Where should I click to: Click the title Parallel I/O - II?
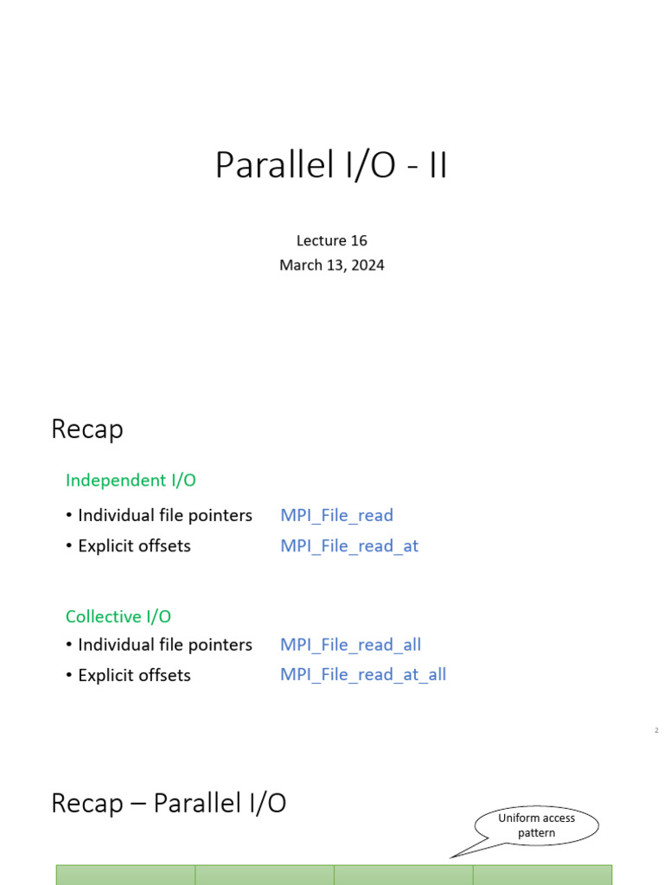point(331,166)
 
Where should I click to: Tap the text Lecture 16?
point(332,240)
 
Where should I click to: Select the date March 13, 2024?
point(332,265)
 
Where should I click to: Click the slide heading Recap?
point(87,430)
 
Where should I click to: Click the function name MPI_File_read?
point(336,515)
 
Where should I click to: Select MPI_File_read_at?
point(349,546)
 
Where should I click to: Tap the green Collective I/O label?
point(118,616)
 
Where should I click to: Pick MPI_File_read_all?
point(350,645)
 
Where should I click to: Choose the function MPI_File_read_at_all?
point(363,675)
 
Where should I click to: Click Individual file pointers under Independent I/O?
point(164,515)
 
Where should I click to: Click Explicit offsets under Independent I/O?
point(134,546)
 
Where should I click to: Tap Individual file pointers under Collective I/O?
point(164,645)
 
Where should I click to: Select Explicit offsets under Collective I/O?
point(134,675)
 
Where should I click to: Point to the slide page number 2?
point(656,731)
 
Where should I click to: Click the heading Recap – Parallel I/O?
point(169,804)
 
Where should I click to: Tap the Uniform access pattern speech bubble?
point(537,825)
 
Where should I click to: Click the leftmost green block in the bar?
point(125,875)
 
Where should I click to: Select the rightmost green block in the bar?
point(542,875)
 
